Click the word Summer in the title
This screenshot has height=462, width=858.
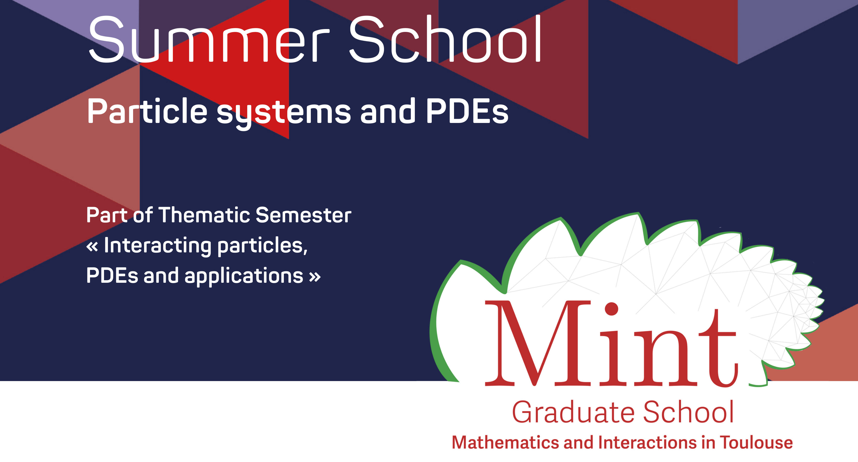209,39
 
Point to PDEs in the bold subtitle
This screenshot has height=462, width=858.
467,111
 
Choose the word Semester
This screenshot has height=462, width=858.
304,215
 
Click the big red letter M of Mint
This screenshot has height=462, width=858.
538,343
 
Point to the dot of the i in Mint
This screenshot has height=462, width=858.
612,309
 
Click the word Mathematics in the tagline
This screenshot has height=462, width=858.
505,443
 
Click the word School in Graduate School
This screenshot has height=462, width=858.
689,412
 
